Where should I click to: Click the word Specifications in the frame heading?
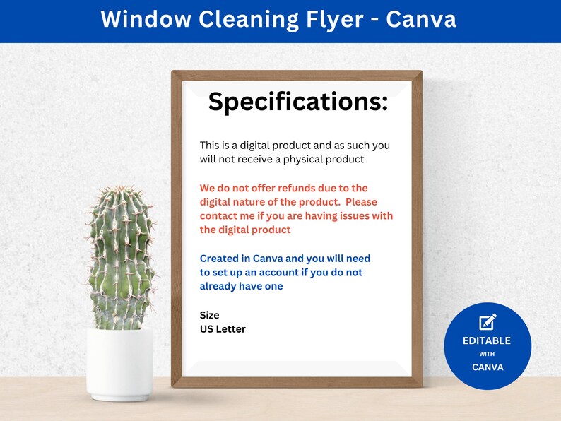coord(297,102)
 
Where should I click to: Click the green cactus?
coord(120,258)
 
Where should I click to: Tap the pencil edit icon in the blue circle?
coord(488,321)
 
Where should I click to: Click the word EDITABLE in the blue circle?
coord(487,340)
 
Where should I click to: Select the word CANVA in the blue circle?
coord(487,367)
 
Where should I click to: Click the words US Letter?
coord(223,329)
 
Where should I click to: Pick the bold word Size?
coord(209,315)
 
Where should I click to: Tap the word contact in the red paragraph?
coord(219,216)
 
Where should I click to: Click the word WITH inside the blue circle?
coord(487,355)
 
